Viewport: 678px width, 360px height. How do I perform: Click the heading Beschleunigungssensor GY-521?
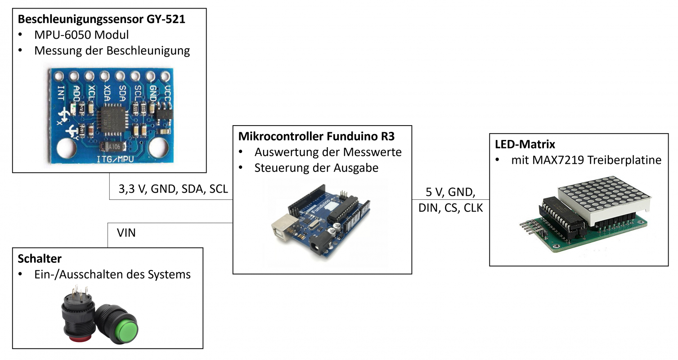[x=101, y=19]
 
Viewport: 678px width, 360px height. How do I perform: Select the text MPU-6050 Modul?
[x=81, y=35]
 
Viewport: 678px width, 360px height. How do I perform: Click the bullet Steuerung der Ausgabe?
[x=316, y=168]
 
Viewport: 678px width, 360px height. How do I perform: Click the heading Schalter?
[x=40, y=258]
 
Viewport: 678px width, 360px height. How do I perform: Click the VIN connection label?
[x=126, y=233]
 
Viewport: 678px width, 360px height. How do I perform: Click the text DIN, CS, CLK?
[x=450, y=208]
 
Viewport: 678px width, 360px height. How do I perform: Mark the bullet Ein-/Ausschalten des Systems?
[x=112, y=274]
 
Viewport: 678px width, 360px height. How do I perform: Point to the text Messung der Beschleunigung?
[x=112, y=50]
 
